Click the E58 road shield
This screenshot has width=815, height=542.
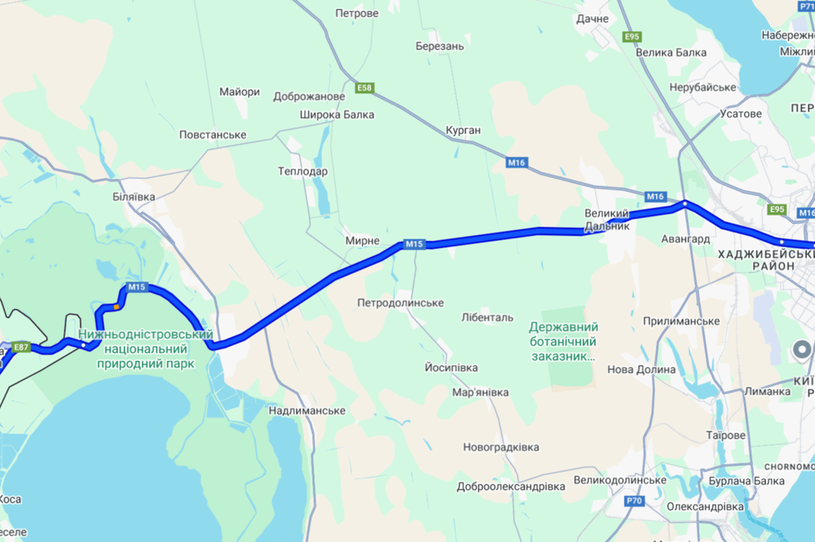click(364, 88)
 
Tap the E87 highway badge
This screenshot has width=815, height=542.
click(22, 347)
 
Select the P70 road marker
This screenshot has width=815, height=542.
click(634, 501)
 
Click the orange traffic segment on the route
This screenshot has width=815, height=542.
click(116, 307)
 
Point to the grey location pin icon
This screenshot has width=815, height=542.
click(801, 349)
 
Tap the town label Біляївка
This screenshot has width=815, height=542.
click(134, 197)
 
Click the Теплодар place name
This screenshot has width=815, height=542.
click(303, 171)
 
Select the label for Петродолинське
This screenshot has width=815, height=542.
click(400, 303)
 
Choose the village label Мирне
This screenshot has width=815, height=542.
click(362, 241)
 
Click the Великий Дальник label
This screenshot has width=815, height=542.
click(606, 220)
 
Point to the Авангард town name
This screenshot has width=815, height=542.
click(685, 239)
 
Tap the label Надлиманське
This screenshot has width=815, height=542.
click(307, 411)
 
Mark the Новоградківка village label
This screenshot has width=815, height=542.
click(501, 447)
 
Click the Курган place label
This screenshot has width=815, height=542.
click(463, 131)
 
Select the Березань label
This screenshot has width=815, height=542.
click(440, 47)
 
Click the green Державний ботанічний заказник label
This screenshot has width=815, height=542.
click(563, 342)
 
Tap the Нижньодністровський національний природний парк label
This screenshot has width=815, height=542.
click(145, 349)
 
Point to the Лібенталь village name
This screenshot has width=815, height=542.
click(487, 318)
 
